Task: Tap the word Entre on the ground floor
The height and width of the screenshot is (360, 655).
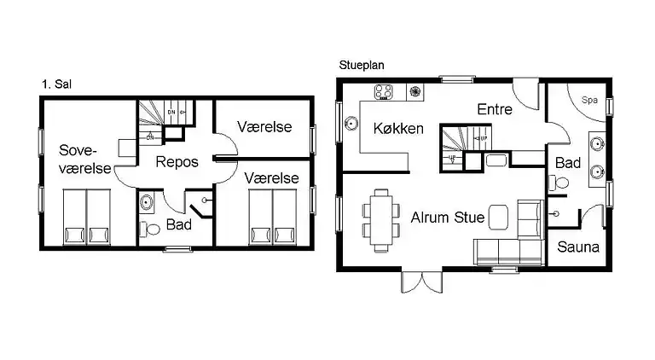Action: pos(495,108)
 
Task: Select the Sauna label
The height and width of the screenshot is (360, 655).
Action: pos(579,247)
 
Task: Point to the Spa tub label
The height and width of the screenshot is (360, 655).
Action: pos(589,100)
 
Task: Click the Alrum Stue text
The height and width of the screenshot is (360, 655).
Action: pos(448,218)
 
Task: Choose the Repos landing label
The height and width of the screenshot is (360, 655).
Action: pos(177,161)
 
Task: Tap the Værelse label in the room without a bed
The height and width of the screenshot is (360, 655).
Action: pos(264,127)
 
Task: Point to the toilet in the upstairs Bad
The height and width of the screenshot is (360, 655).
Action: pos(151,229)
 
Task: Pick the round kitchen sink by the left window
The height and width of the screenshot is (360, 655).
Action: pos(351,123)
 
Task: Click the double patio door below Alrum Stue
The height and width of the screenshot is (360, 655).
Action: pos(424,281)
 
